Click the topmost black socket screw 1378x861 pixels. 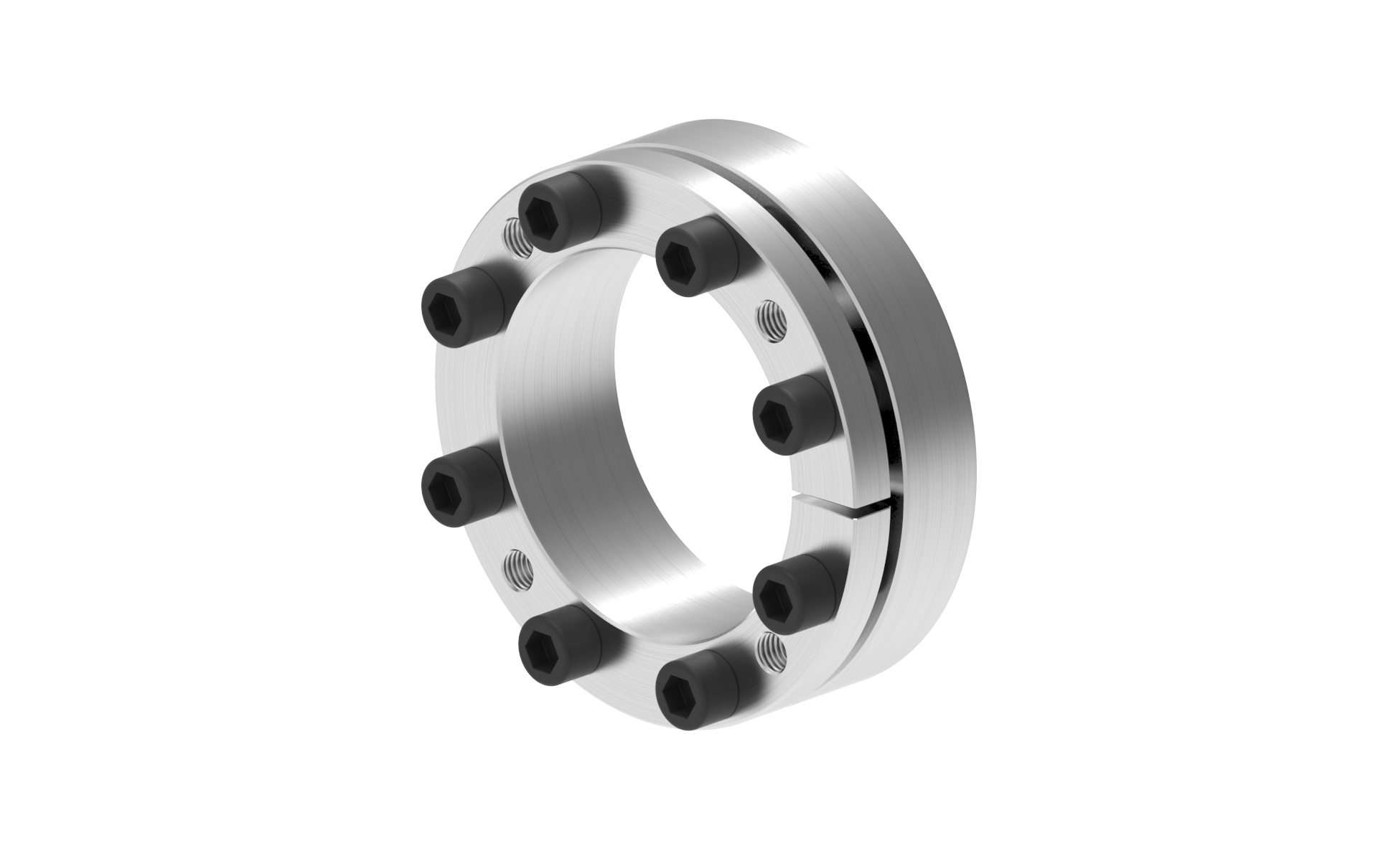tap(555, 214)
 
